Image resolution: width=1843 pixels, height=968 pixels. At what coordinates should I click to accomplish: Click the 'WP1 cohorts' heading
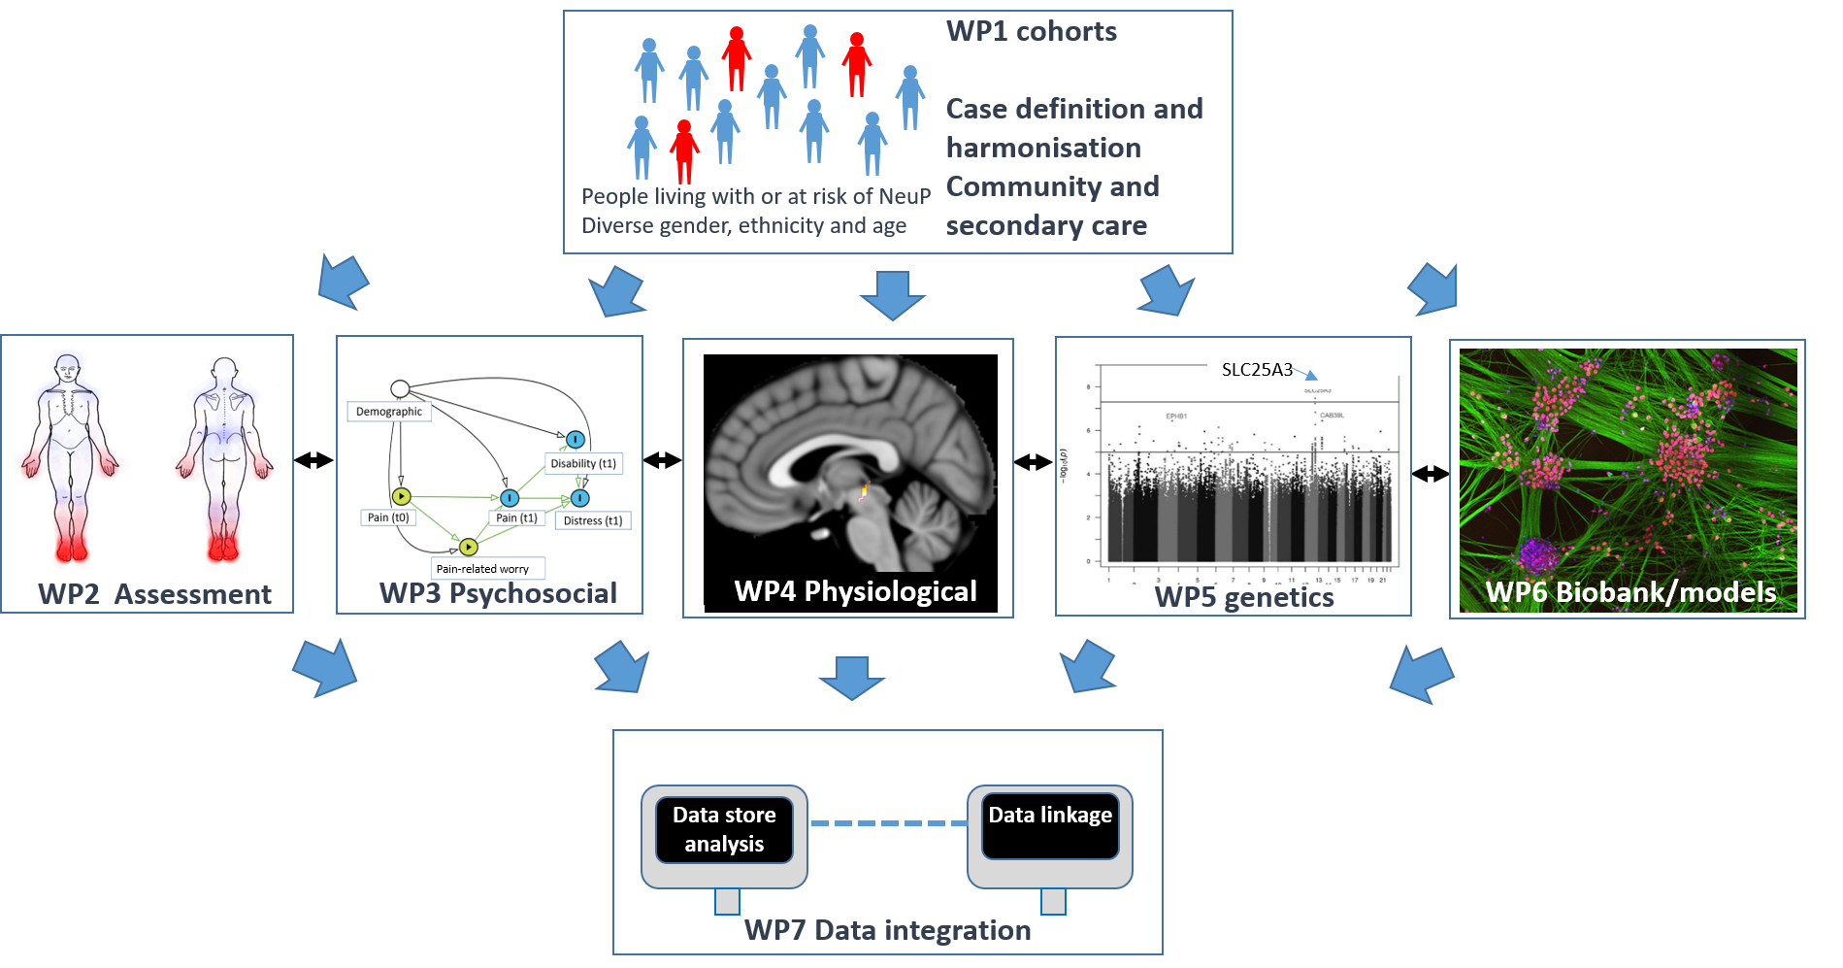(x=1031, y=31)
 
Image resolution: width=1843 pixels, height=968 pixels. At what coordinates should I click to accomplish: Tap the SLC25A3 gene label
(x=1257, y=370)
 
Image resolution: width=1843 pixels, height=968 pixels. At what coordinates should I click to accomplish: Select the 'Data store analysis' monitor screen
(x=724, y=829)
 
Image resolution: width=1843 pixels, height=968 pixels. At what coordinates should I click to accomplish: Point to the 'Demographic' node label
(x=388, y=412)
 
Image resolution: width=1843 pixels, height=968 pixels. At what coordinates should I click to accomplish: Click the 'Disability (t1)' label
(x=583, y=464)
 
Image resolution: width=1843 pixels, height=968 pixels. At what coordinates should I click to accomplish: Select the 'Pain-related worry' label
(x=483, y=569)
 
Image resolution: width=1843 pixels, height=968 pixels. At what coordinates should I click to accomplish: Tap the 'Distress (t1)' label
(x=593, y=521)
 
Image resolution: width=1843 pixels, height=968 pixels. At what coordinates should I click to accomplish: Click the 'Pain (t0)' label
(x=388, y=517)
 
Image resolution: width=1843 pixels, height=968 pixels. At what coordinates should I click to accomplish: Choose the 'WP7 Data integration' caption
(x=887, y=930)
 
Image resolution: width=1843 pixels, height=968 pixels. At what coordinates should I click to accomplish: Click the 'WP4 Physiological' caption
(x=855, y=591)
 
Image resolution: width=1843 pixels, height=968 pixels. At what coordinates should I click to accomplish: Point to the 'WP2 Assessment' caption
(x=154, y=594)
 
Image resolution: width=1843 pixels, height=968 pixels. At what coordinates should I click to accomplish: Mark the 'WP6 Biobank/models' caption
(x=1630, y=592)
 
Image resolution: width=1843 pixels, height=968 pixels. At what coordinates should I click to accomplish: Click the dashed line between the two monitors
(x=887, y=823)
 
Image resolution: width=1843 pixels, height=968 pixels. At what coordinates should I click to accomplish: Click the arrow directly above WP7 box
(x=852, y=678)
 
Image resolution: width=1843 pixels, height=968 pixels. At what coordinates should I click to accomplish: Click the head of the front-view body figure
(x=66, y=370)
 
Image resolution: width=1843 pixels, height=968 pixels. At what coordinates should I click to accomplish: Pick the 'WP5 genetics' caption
(x=1243, y=597)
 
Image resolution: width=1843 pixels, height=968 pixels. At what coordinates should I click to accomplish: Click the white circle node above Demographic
(x=400, y=389)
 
